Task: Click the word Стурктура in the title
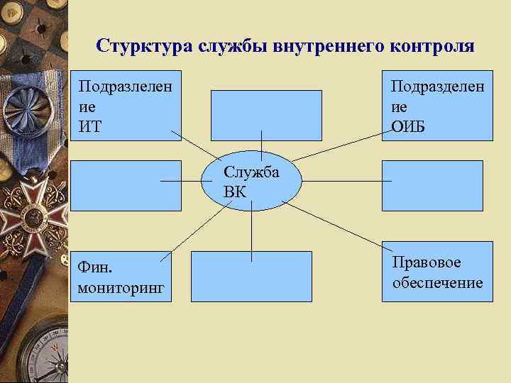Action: coord(135,47)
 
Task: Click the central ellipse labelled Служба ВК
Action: coord(252,182)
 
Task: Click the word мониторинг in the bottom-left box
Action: coord(121,287)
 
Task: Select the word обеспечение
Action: coord(437,282)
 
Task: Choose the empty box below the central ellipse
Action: coord(251,277)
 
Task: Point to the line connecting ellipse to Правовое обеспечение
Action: coord(334,226)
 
